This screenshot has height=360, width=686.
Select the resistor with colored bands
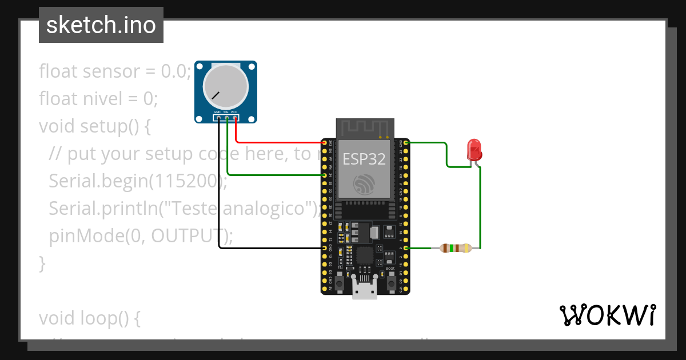click(x=454, y=248)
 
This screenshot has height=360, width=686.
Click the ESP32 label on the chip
click(x=364, y=159)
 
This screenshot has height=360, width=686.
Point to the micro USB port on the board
click(x=365, y=291)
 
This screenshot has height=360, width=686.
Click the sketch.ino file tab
click(x=101, y=25)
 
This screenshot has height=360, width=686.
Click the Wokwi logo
click(x=607, y=315)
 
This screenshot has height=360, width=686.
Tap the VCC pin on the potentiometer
click(x=234, y=117)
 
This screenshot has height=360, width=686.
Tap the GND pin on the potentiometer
click(x=218, y=117)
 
